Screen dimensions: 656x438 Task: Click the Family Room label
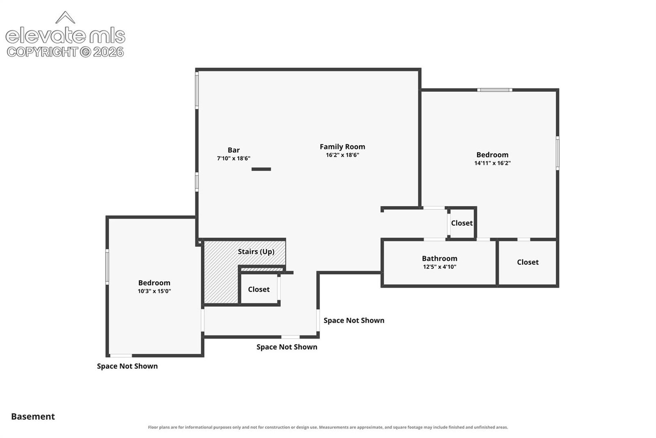coord(342,147)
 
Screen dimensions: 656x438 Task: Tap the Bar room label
coord(233,150)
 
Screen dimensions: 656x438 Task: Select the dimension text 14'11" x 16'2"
coord(492,163)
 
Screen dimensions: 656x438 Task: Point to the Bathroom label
coord(439,258)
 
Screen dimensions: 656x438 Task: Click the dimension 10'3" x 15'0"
coord(154,291)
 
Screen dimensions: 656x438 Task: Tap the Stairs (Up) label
coord(256,252)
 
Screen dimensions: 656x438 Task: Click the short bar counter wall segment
coord(261,169)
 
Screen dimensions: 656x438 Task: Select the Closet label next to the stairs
coord(259,289)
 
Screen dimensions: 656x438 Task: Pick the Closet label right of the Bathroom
coord(527,262)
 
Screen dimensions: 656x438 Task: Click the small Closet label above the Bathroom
coord(462,223)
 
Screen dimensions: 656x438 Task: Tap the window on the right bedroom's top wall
coord(494,90)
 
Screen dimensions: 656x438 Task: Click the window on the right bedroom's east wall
coord(557,153)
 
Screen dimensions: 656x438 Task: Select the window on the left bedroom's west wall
coord(107,267)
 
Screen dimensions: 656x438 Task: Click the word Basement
coord(33,417)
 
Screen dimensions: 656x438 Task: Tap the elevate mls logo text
coord(65,35)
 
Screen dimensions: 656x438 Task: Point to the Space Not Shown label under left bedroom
coord(127,366)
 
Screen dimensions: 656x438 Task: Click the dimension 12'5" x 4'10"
coord(439,267)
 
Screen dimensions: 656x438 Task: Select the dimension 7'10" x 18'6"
coord(233,158)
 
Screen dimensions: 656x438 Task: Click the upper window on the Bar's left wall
coord(197,90)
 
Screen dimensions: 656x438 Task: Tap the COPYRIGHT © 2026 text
coord(65,52)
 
